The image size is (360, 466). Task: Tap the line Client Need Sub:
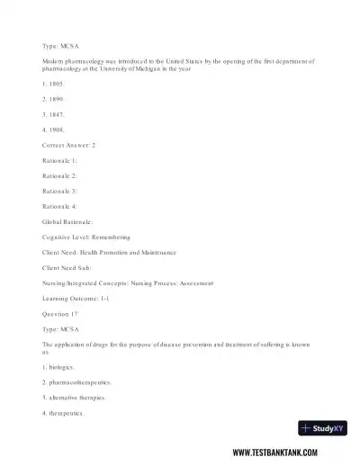coord(68,267)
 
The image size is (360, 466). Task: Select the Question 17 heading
coord(60,313)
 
